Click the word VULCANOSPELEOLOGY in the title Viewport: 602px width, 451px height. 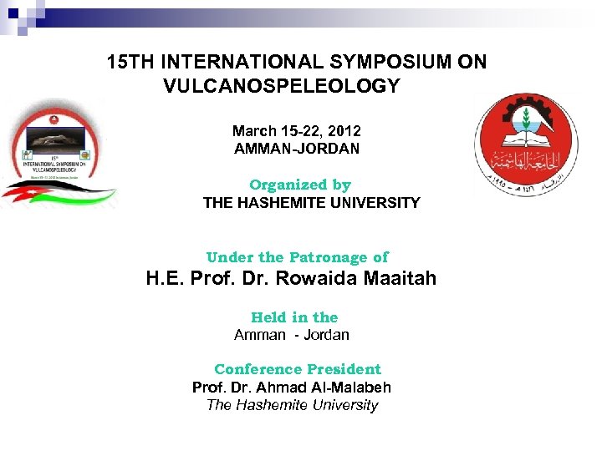[x=283, y=86]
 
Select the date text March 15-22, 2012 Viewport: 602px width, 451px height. [x=296, y=131]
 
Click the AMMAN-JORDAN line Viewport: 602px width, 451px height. [x=296, y=149]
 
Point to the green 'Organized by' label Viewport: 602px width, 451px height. [x=299, y=185]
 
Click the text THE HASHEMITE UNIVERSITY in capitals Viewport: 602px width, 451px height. [x=311, y=202]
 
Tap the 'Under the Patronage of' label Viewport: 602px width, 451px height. [x=297, y=257]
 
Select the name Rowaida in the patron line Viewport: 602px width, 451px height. [x=329, y=279]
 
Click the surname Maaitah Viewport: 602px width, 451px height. [x=400, y=279]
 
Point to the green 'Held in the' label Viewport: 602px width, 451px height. [x=294, y=317]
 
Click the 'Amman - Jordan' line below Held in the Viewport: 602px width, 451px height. [x=291, y=335]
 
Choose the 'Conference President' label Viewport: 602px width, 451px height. [x=297, y=369]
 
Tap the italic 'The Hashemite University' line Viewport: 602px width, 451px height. [x=292, y=405]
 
